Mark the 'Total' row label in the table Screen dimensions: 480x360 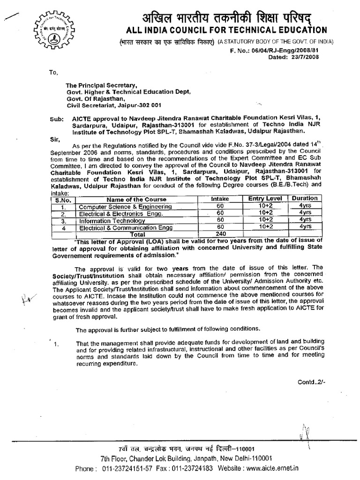[x=137, y=233]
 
